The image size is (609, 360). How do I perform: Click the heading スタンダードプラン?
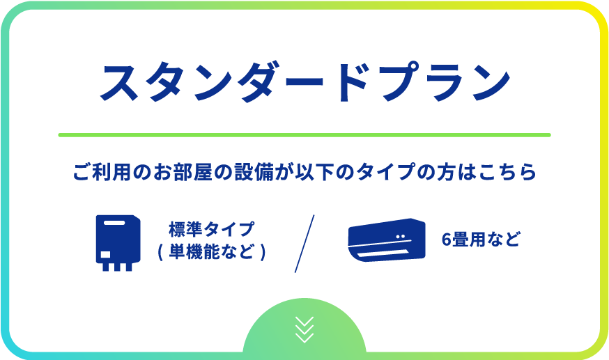pyautogui.click(x=305, y=82)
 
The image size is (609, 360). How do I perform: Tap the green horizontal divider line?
pyautogui.click(x=304, y=135)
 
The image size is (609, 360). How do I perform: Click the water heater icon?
pyautogui.click(x=118, y=243)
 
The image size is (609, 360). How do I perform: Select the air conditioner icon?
pyautogui.click(x=387, y=240)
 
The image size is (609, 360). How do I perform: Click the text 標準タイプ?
pyautogui.click(x=212, y=229)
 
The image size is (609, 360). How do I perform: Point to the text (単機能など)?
pyautogui.click(x=212, y=252)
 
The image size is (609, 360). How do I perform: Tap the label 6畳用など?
pyautogui.click(x=481, y=240)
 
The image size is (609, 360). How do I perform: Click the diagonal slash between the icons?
pyautogui.click(x=304, y=244)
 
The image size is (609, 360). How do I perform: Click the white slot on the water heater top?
pyautogui.click(x=114, y=223)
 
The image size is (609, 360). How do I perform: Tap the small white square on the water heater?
pyautogui.click(x=106, y=254)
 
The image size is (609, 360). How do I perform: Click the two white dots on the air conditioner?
pyautogui.click(x=401, y=236)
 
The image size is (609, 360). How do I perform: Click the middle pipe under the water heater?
pyautogui.click(x=117, y=267)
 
